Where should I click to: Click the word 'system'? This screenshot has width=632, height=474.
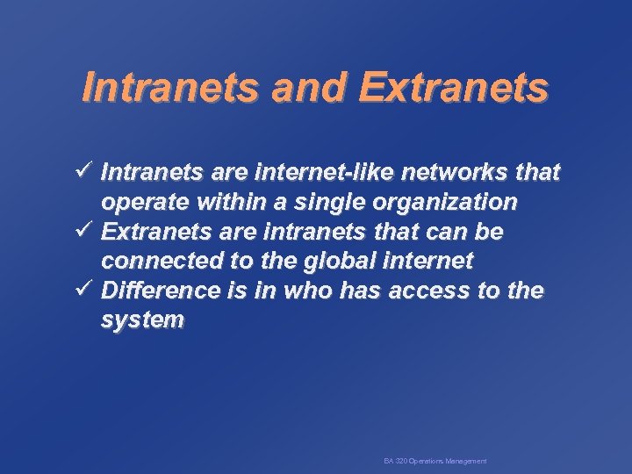pyautogui.click(x=142, y=320)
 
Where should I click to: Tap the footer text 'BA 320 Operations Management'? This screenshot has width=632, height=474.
pyautogui.click(x=435, y=461)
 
